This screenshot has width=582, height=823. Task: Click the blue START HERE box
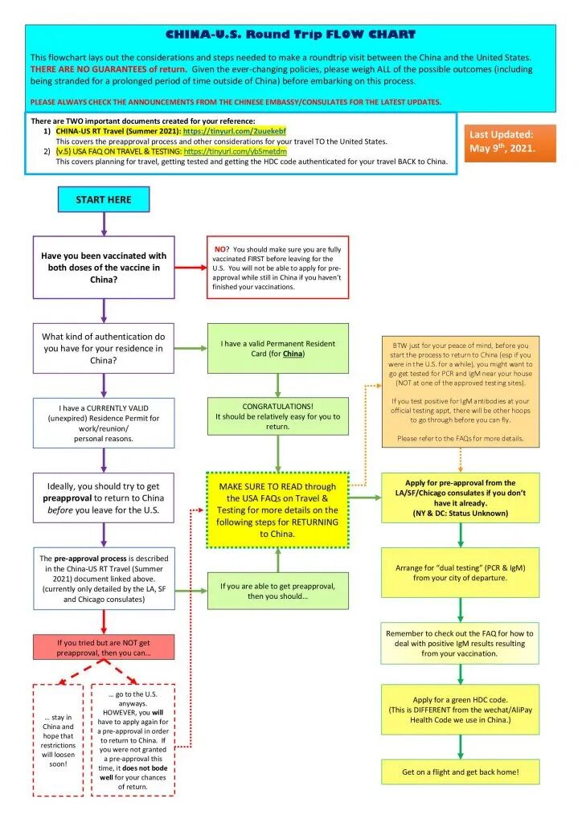[x=104, y=199]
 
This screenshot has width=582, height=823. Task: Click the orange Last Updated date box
[x=510, y=142]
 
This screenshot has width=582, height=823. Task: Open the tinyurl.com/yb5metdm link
[x=235, y=150]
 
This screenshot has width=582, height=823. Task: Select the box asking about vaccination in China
[x=104, y=268]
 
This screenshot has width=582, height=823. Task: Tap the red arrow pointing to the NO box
[x=190, y=268]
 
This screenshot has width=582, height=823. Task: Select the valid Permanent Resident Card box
[x=277, y=348]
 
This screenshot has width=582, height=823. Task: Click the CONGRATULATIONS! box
[x=277, y=416]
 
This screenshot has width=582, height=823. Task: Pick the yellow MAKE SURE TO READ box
[x=277, y=510]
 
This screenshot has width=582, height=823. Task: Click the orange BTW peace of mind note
[x=461, y=391]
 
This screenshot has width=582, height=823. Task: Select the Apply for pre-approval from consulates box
[x=461, y=497]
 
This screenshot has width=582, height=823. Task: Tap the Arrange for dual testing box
[x=461, y=572]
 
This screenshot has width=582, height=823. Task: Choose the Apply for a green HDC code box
[x=461, y=710]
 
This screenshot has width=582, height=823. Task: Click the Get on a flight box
[x=461, y=772]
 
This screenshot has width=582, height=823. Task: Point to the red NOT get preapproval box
[x=104, y=648]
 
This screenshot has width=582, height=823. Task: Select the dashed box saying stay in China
[x=58, y=740]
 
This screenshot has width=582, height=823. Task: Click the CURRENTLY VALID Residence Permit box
[x=104, y=424]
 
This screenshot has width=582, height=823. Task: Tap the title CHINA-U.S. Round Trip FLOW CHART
[x=290, y=35]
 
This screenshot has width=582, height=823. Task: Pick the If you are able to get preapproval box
[x=277, y=591]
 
